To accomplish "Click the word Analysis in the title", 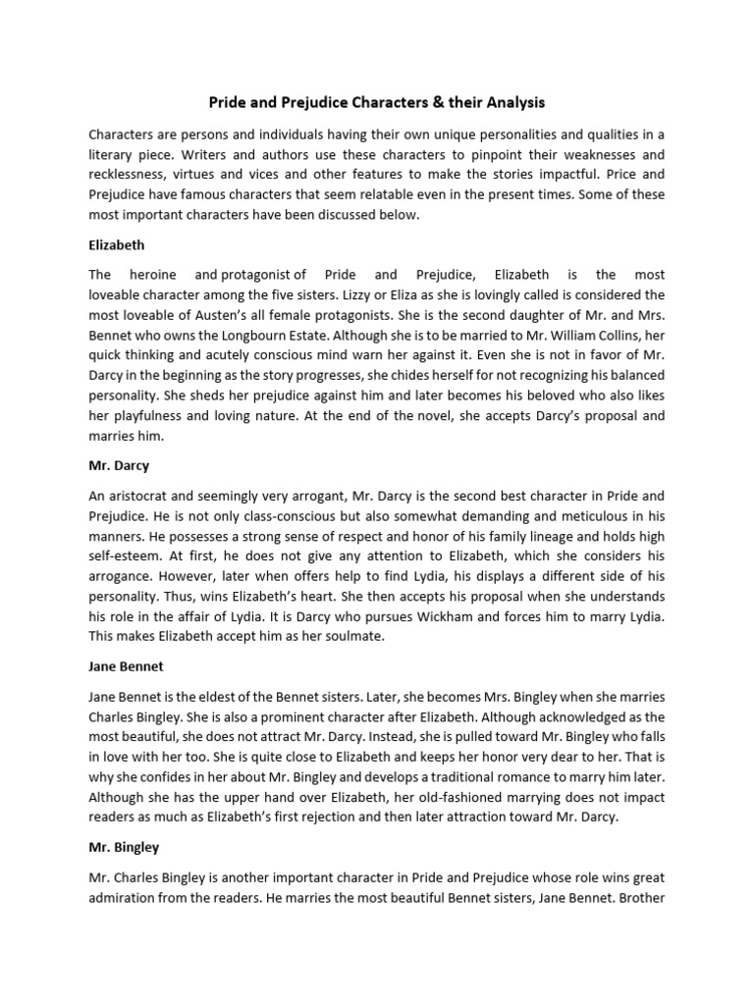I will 513,102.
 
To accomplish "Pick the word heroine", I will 152,275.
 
